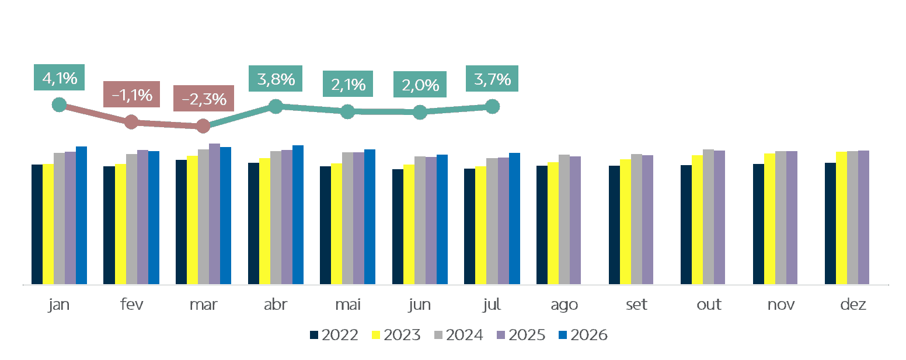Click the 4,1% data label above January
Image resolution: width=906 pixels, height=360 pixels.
(x=59, y=77)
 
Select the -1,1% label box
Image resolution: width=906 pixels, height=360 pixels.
(x=131, y=94)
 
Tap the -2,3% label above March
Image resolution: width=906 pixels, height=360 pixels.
(x=204, y=98)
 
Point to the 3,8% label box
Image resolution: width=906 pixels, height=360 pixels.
(x=276, y=78)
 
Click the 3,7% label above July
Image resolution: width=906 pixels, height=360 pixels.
(x=492, y=78)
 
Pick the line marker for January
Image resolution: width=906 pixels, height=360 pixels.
(x=59, y=105)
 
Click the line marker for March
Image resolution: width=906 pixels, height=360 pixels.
(x=204, y=126)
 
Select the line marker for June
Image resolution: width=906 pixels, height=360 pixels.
(x=420, y=113)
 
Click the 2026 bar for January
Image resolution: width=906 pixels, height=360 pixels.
(x=81, y=215)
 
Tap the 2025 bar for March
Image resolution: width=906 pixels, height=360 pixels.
(x=214, y=214)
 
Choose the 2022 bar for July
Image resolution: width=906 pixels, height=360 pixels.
(x=469, y=226)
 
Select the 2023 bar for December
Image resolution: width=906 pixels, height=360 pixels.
(x=841, y=218)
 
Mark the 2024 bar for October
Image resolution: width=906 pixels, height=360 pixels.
(x=708, y=217)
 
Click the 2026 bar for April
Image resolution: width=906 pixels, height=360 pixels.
(x=298, y=215)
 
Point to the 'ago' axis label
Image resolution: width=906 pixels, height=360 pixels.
(x=564, y=305)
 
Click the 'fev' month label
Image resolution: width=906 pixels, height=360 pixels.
(x=131, y=304)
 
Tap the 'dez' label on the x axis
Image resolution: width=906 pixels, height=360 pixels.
(x=853, y=304)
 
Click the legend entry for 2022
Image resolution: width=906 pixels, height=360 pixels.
(x=334, y=335)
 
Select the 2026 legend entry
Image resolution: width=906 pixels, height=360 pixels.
(x=583, y=335)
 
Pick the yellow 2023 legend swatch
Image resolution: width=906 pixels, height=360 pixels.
(x=376, y=335)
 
